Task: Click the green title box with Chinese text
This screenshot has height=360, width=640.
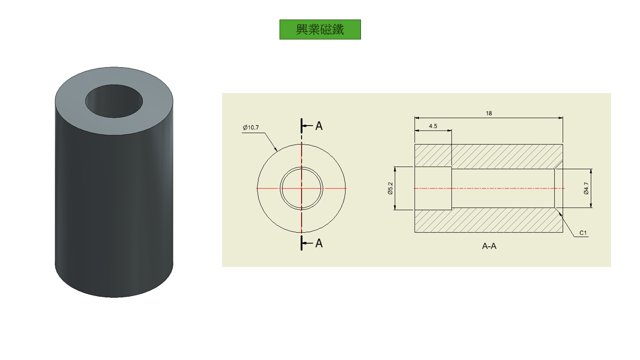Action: tap(320, 29)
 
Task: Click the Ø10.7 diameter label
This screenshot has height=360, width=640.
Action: tap(250, 127)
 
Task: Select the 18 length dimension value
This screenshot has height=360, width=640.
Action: tap(488, 113)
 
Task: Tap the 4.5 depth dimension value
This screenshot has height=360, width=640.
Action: tap(433, 126)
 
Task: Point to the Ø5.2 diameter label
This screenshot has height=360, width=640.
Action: tap(390, 188)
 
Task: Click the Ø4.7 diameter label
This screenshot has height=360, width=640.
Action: tap(586, 188)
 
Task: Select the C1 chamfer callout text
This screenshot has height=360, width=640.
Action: tap(583, 233)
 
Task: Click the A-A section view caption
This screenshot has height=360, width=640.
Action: tap(489, 246)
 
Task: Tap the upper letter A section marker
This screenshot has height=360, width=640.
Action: tap(319, 125)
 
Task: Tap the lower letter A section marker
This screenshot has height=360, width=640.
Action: tap(319, 243)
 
